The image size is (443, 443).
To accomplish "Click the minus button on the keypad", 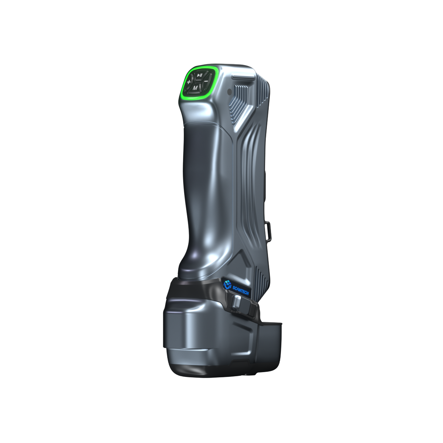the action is (x=206, y=80).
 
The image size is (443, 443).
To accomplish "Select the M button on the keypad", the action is (x=195, y=87).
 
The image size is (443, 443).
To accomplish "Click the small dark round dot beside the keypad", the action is (x=229, y=92).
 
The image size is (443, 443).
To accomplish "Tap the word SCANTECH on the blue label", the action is (x=240, y=291).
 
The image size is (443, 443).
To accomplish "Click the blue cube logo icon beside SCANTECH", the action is (x=227, y=284).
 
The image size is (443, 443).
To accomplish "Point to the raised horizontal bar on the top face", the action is (x=243, y=76).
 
